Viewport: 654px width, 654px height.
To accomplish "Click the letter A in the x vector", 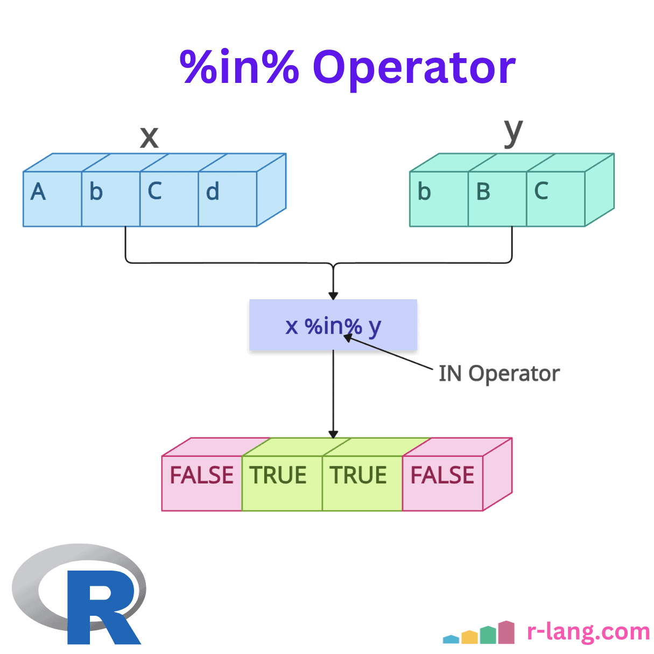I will (38, 192).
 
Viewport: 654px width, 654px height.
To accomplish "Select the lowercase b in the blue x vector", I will (96, 192).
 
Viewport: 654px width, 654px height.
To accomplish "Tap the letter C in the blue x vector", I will (154, 191).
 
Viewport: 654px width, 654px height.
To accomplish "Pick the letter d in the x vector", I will (213, 192).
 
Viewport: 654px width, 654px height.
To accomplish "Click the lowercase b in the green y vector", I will (424, 192).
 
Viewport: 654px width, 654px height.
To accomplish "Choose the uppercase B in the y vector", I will (483, 192).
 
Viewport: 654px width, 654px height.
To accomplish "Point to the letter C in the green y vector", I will (541, 191).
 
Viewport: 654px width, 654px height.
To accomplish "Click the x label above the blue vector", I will (149, 137).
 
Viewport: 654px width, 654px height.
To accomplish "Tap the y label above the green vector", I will (513, 132).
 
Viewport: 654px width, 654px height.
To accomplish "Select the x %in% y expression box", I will (333, 326).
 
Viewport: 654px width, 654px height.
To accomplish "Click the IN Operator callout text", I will (499, 374).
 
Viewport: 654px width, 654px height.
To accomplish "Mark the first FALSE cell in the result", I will (202, 475).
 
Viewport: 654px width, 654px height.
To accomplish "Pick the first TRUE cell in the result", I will (278, 475).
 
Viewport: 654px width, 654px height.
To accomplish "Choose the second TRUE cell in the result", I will (358, 475).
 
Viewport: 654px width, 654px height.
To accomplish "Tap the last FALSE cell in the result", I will (442, 475).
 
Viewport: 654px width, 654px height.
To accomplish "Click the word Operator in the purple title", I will (414, 68).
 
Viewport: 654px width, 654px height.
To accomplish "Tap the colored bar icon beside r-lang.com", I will (479, 633).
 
